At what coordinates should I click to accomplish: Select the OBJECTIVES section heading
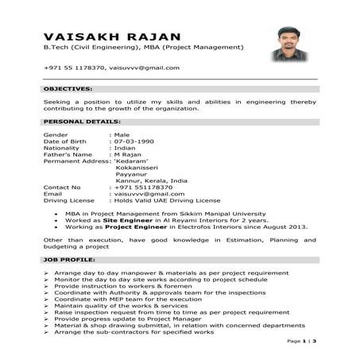point(68,89)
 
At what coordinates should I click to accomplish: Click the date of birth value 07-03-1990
point(134,141)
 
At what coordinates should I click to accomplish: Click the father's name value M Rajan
point(129,154)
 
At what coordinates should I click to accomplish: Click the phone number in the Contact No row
point(142,187)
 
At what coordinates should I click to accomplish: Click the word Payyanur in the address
point(131,174)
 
